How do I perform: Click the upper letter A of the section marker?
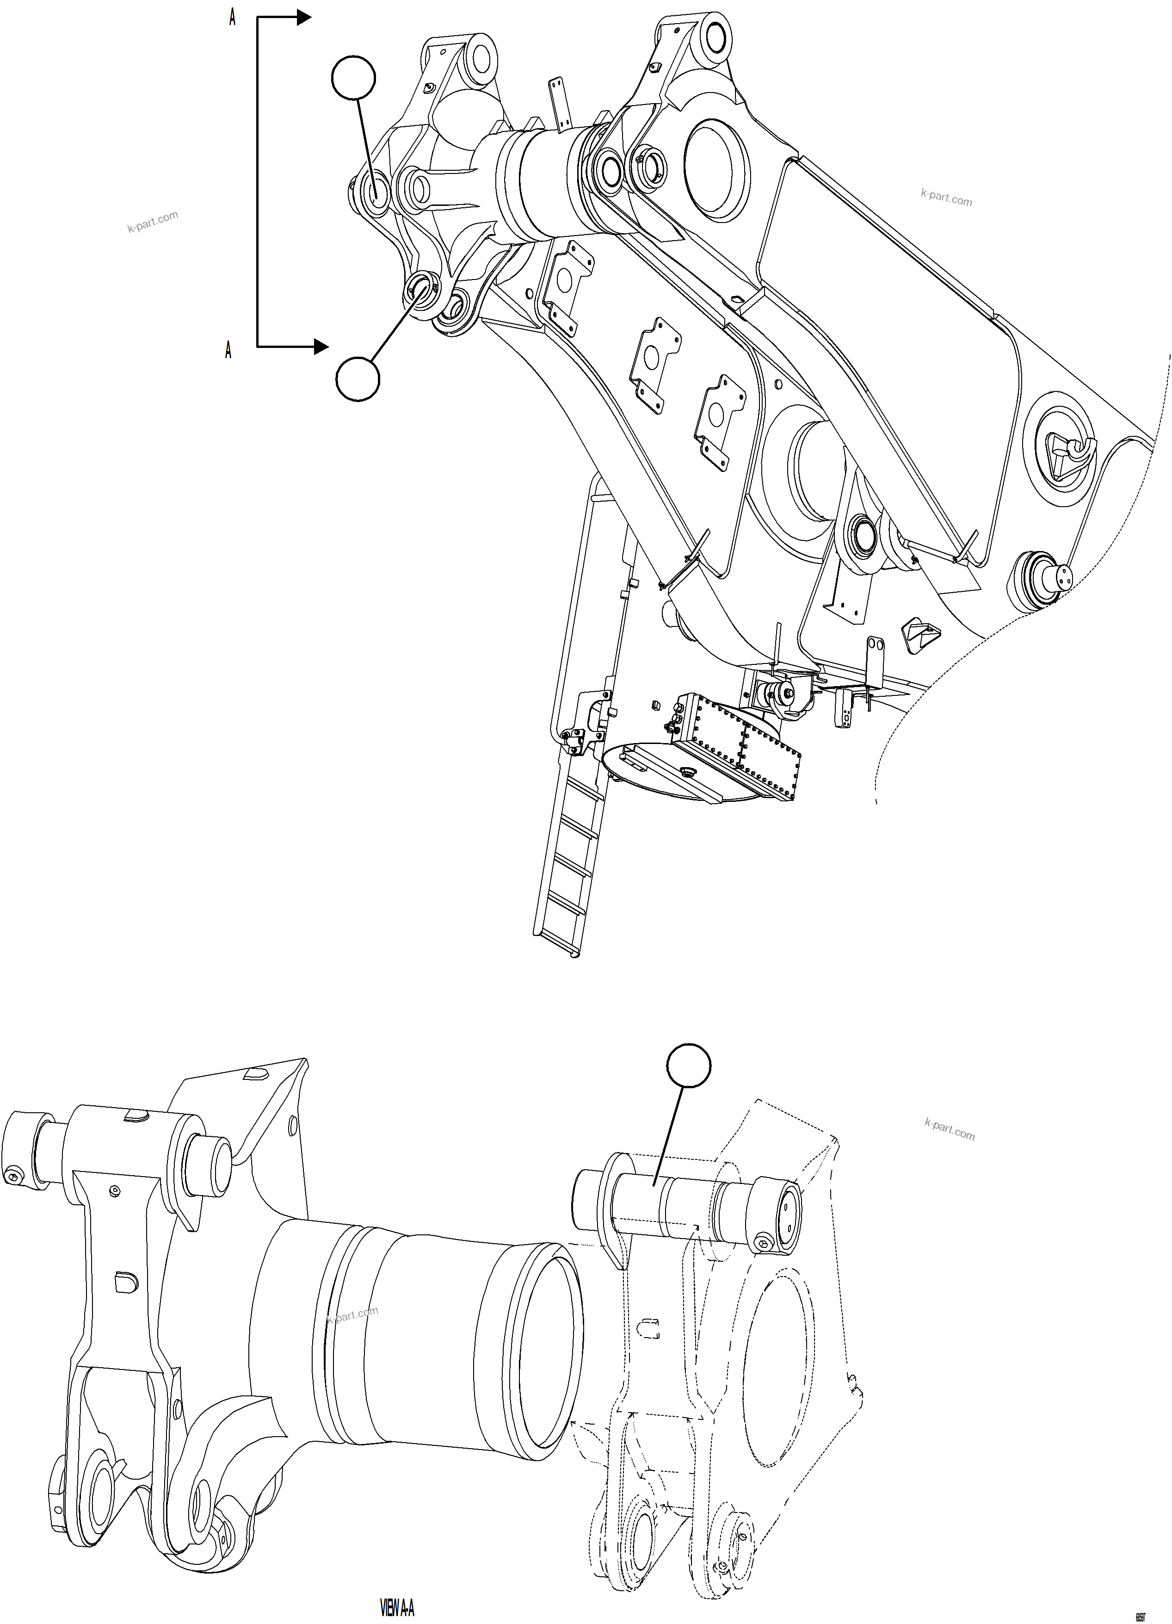coord(232,19)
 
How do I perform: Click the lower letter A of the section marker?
coord(228,350)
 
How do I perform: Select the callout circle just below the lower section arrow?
coord(357,379)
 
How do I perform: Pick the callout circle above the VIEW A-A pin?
coord(689,1066)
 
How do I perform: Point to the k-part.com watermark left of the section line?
coord(153,222)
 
